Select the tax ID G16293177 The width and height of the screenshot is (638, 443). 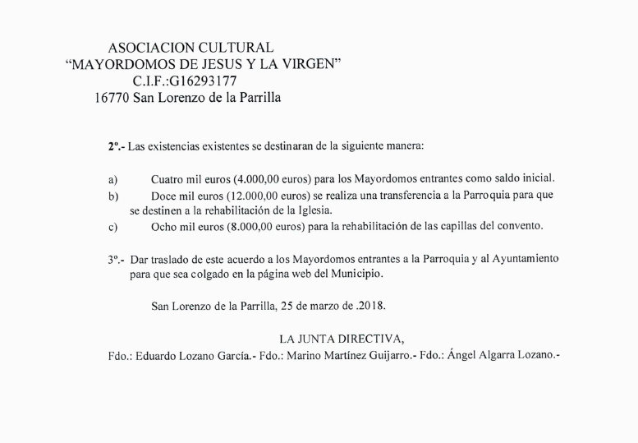(x=204, y=81)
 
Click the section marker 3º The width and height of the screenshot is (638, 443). (x=115, y=258)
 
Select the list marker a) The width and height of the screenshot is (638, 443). (x=112, y=178)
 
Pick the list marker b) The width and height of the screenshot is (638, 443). (x=112, y=196)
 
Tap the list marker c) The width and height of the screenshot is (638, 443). (x=112, y=226)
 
